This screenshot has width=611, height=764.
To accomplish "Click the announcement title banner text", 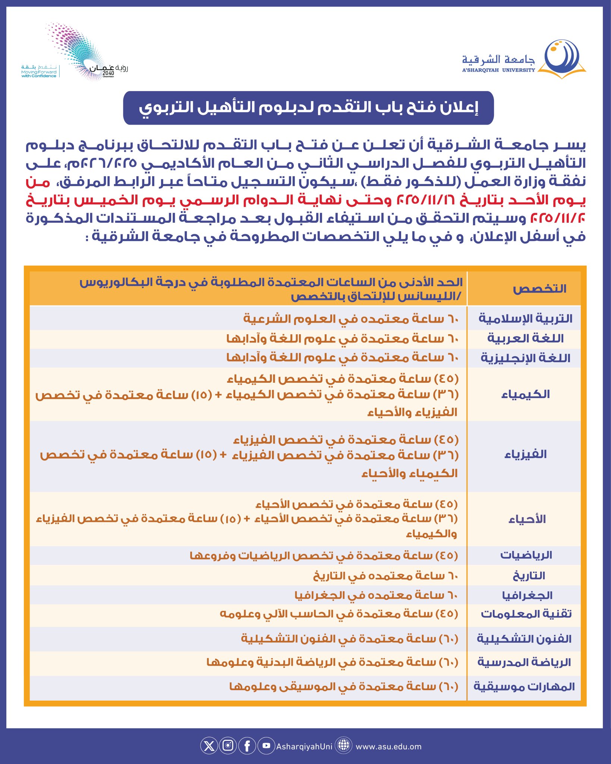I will click(308, 108).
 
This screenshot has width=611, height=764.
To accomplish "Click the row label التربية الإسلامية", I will click(525, 319).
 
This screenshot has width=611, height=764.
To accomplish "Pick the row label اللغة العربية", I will click(525, 339).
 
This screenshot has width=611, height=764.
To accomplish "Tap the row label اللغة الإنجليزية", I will click(525, 358).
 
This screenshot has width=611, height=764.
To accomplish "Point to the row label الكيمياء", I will click(525, 394).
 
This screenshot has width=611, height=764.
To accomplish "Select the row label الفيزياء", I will click(525, 454).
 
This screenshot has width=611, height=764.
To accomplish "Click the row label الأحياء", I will click(527, 519).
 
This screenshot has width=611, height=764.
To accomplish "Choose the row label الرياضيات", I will click(526, 555).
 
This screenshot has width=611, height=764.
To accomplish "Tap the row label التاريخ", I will click(529, 576).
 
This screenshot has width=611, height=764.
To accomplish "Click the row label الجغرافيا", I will click(527, 595).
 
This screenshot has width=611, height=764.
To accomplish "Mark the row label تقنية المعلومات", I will click(526, 614).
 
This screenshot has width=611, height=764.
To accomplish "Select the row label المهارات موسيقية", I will click(524, 686).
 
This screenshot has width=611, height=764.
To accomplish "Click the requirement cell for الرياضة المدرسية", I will click(332, 663).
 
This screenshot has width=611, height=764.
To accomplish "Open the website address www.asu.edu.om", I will click(388, 746).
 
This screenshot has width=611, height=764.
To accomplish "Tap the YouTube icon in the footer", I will click(266, 746).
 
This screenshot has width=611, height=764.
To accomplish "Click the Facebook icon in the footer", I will click(247, 746).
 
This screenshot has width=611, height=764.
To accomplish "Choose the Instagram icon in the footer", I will click(228, 746).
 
